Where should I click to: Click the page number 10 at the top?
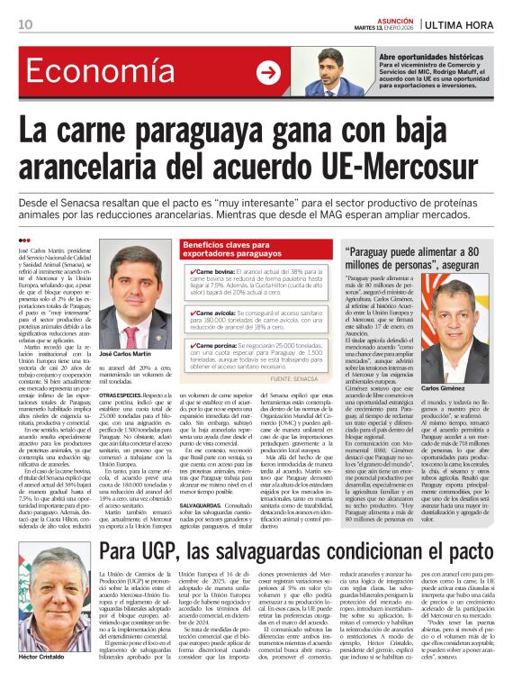(25, 23)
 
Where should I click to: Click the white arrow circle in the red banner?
(268, 72)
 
